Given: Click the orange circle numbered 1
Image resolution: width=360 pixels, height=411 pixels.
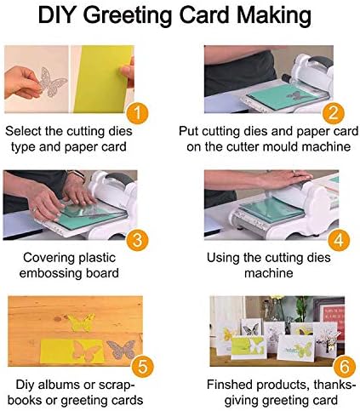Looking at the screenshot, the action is pyautogui.click(x=137, y=113).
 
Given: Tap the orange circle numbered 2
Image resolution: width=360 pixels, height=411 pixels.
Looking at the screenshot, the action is pyautogui.click(x=333, y=113).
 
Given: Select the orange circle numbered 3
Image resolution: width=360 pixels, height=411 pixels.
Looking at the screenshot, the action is pyautogui.click(x=137, y=240).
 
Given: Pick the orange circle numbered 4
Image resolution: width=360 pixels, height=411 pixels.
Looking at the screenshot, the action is pyautogui.click(x=339, y=240).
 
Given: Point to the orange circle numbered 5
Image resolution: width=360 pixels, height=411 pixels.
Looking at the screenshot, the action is pyautogui.click(x=143, y=366).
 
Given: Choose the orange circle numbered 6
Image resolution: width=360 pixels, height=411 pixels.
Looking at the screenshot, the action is pyautogui.click(x=344, y=366).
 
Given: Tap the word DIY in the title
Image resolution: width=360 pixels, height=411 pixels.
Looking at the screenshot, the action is pyautogui.click(x=58, y=14).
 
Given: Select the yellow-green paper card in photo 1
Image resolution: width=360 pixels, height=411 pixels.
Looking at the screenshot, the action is pyautogui.click(x=103, y=79).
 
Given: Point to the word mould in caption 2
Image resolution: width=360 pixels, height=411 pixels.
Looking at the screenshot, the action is pyautogui.click(x=279, y=147).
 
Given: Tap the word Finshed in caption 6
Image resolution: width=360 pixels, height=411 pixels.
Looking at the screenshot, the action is pyautogui.click(x=230, y=385).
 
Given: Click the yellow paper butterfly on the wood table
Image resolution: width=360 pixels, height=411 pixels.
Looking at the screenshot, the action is pyautogui.click(x=81, y=323).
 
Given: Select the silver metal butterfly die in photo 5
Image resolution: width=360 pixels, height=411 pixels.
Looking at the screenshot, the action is pyautogui.click(x=121, y=350).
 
